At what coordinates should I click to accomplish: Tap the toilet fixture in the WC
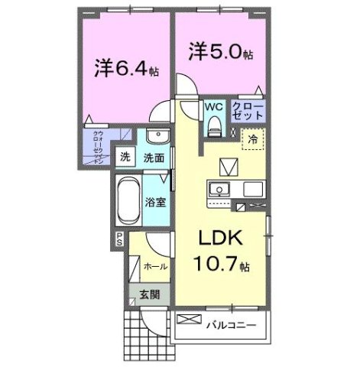point(215,124)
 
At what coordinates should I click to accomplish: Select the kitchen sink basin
point(220,189)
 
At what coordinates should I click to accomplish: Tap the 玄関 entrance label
point(149,294)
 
